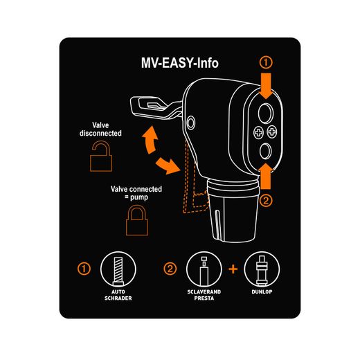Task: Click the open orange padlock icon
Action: [x=102, y=159]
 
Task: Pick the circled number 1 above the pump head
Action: [x=267, y=62]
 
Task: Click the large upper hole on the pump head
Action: [x=264, y=112]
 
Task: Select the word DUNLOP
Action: [x=260, y=294]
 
